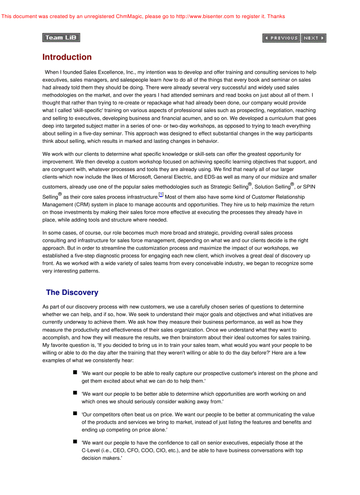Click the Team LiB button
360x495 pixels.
[x=61, y=37]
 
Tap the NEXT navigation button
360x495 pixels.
[x=314, y=38]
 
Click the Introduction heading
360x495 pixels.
[x=67, y=57]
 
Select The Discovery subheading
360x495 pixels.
[x=72, y=293]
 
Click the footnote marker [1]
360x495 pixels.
[x=161, y=195]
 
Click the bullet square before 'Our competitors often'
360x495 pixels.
[x=75, y=413]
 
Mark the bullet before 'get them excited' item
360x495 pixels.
[x=75, y=372]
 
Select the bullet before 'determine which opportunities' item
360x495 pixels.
[x=75, y=393]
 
